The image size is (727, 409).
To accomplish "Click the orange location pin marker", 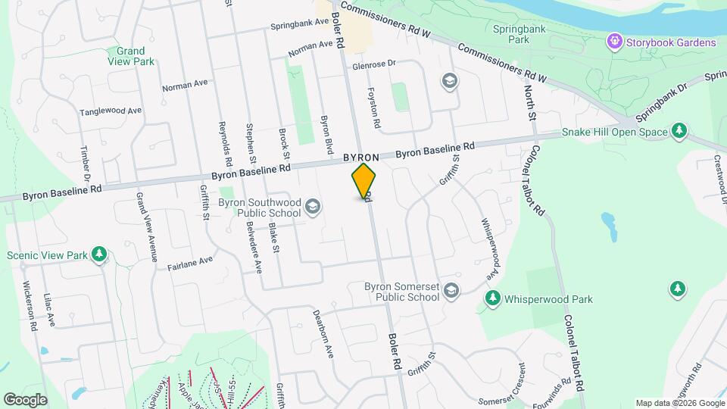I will click(363, 181).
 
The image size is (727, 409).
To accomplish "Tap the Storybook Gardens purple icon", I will click(613, 41).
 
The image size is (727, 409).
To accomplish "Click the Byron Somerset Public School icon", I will click(451, 291).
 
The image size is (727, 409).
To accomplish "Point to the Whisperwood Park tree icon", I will click(492, 299).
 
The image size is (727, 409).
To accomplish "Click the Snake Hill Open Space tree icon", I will click(679, 131).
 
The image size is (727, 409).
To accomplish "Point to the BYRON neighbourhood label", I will click(360, 158).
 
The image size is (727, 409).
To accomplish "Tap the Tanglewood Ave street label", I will click(111, 111).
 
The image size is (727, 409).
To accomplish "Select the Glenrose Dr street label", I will click(374, 65).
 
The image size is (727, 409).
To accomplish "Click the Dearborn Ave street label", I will click(323, 333).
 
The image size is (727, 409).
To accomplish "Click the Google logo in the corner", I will click(25, 399).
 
